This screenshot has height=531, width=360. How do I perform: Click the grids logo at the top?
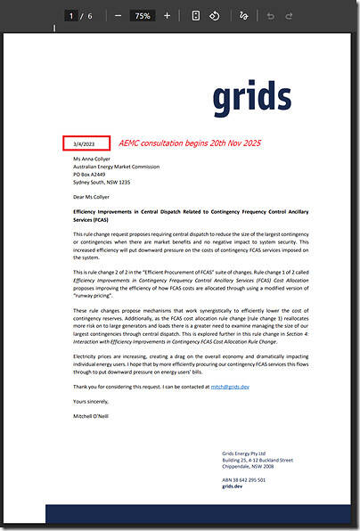coord(252,97)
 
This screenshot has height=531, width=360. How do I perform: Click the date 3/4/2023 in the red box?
coord(86,143)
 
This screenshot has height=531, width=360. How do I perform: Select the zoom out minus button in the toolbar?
coord(119,15)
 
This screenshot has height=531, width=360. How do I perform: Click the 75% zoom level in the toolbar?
coord(142,15)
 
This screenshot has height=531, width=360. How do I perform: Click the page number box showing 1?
coord(70,15)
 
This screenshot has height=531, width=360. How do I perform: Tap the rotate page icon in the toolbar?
coord(215,15)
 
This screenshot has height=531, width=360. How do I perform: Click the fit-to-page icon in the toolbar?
coord(194,15)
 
